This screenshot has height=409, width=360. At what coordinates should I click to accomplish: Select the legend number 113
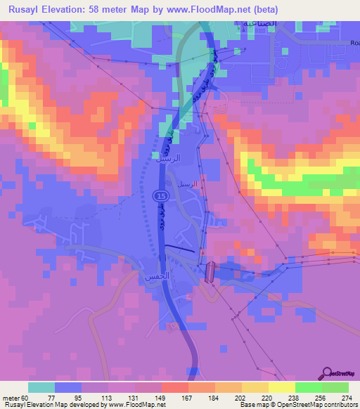pyautogui.click(x=108, y=398)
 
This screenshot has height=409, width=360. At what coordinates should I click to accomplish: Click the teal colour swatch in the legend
pyautogui.click(x=41, y=387)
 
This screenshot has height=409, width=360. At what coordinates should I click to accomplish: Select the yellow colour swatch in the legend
pyautogui.click(x=281, y=387)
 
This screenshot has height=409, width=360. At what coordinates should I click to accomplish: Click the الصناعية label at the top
pyautogui.click(x=281, y=23)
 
